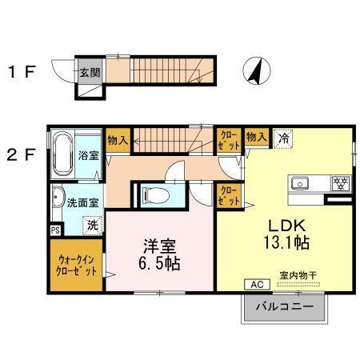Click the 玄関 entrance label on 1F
click(x=89, y=72)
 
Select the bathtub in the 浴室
click(x=63, y=154)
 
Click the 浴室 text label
click(x=88, y=154)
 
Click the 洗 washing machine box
click(x=93, y=225)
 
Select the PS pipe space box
click(x=55, y=230)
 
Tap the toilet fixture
click(x=157, y=194)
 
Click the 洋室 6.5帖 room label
click(x=160, y=254)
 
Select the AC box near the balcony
click(x=258, y=284)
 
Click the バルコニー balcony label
click(x=283, y=306)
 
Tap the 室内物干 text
click(x=298, y=275)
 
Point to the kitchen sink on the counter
click(x=302, y=181)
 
